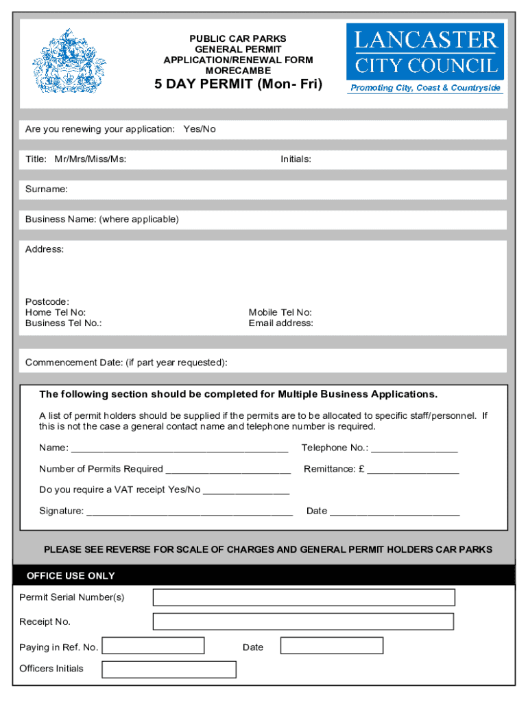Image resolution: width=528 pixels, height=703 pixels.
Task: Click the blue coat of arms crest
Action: (69, 61)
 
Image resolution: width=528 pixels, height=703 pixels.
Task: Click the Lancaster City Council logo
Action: (425, 58)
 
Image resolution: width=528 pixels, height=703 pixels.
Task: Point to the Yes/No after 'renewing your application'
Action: (200, 129)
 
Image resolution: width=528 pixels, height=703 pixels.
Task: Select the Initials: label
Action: (296, 159)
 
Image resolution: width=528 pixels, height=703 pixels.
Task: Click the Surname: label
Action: (47, 189)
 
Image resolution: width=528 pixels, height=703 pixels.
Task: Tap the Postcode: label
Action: (47, 301)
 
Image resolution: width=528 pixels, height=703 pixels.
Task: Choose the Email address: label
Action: (280, 323)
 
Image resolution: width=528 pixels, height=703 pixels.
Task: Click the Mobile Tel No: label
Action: (280, 312)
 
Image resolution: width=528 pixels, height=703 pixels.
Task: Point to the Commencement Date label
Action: (126, 362)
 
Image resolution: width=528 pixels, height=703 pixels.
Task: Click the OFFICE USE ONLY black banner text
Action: (71, 575)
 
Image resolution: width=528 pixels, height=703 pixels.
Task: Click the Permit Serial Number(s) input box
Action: (303, 597)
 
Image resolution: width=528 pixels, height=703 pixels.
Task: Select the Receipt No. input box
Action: (303, 621)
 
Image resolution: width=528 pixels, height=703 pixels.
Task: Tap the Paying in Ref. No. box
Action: (153, 646)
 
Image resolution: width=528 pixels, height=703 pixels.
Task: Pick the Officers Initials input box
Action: (169, 669)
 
